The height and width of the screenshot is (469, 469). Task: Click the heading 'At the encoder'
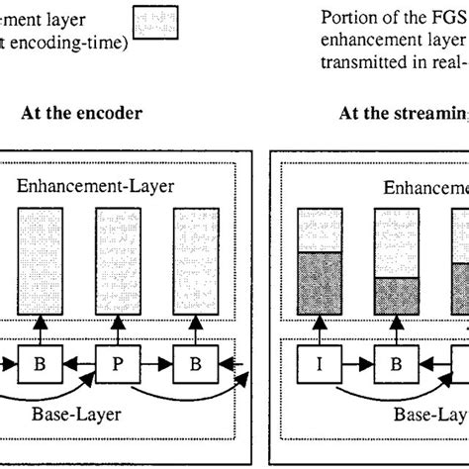[x=81, y=113]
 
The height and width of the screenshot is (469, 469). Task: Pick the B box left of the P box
[x=39, y=363]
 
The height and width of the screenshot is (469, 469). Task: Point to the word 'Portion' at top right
[x=348, y=18]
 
